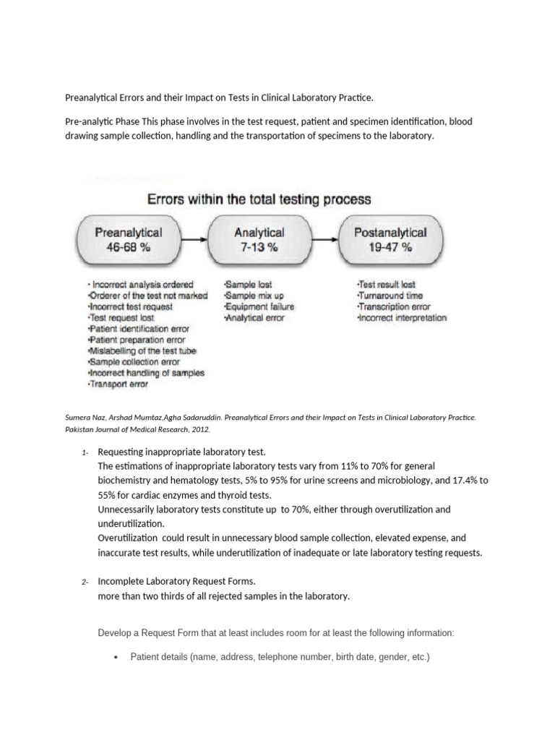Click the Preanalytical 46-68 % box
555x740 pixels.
pos(129,239)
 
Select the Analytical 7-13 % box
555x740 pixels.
pos(259,239)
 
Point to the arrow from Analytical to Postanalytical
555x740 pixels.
pos(323,238)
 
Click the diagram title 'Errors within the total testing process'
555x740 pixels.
pos(259,198)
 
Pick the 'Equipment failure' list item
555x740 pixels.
pos(259,306)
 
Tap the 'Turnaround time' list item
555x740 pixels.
pos(390,296)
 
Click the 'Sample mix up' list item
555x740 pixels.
pos(254,296)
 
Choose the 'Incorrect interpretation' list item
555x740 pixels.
pos(403,318)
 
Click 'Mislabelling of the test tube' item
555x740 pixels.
pos(142,351)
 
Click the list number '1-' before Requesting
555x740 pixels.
pos(85,452)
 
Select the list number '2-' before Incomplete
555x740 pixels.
pos(85,582)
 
